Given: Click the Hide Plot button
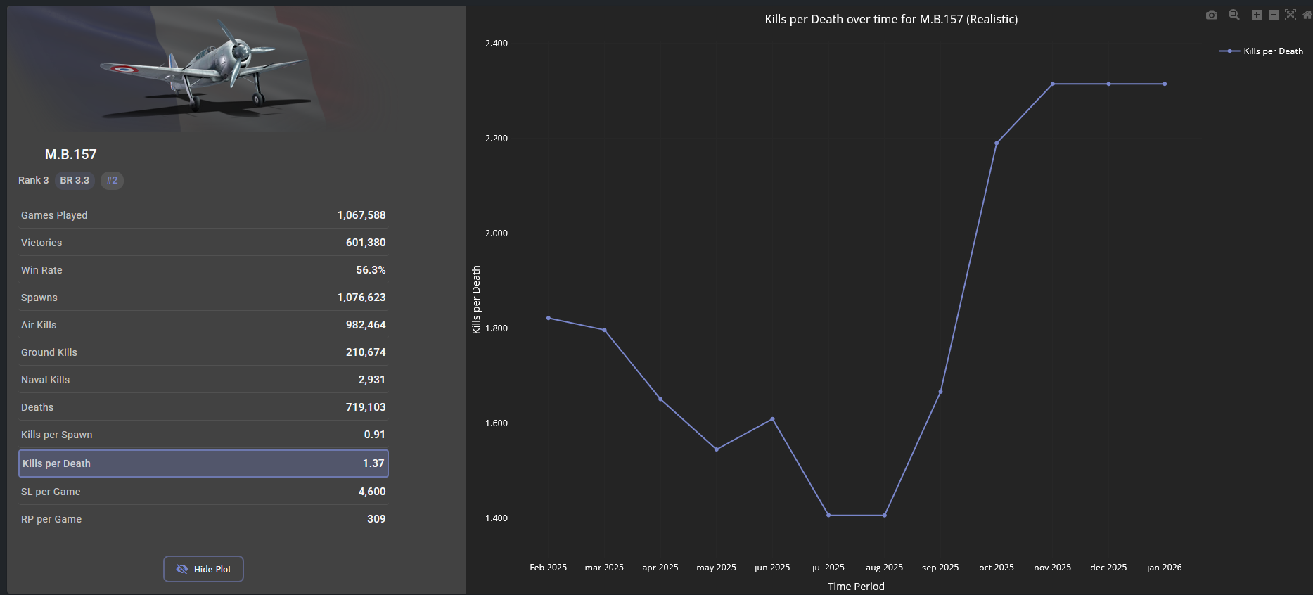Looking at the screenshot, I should [203, 569].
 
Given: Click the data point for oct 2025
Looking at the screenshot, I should [997, 143].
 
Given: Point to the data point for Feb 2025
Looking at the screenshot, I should [549, 318].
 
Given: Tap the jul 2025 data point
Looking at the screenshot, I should [828, 516].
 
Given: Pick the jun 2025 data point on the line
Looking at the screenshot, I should [772, 419].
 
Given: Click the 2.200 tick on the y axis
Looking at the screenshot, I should [496, 139].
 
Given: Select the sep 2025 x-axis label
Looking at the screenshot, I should [940, 568].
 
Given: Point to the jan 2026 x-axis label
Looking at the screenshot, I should [1164, 568].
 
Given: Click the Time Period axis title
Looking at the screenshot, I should [856, 587].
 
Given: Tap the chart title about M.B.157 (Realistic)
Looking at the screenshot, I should [891, 20].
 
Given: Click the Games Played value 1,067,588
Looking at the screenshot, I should [361, 215].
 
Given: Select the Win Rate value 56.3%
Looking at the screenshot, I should [371, 270].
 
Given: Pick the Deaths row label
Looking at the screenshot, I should [37, 407].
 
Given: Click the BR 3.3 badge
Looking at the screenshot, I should [75, 181].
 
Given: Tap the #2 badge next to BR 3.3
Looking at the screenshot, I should [112, 181].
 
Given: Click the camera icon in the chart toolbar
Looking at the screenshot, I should [1211, 15].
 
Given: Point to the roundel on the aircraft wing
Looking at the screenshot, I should [124, 69].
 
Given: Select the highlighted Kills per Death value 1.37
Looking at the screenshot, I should [373, 463].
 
